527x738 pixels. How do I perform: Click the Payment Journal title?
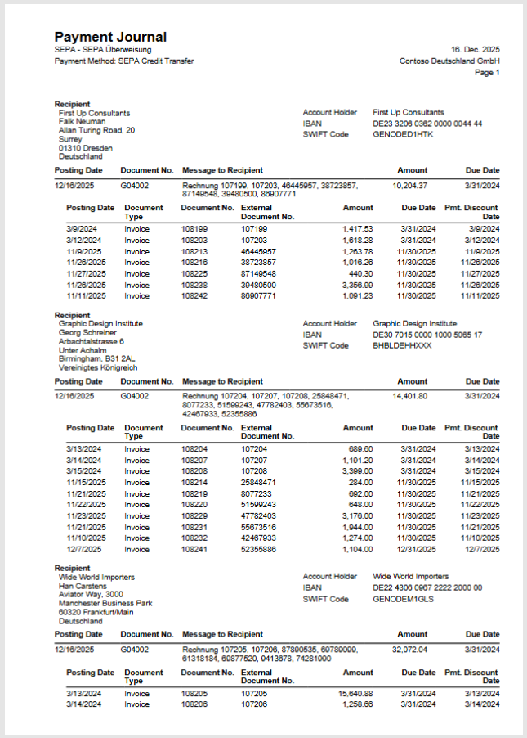coord(110,38)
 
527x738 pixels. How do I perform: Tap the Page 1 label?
coord(487,73)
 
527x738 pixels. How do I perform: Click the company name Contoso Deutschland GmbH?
coord(449,61)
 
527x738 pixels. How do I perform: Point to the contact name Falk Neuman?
coord(83,122)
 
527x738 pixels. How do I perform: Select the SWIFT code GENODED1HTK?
coord(404,134)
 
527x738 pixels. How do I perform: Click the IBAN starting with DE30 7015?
coord(427,335)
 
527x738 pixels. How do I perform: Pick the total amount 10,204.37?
coord(409,186)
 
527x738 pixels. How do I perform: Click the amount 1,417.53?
coord(357,229)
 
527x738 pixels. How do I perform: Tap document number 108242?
coord(194,296)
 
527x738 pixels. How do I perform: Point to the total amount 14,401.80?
coord(409,397)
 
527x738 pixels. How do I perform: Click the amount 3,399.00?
coord(357,472)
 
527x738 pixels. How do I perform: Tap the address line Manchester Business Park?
coord(105,604)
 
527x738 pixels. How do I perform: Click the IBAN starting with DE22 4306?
coord(427,587)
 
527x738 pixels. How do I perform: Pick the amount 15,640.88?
coord(354,693)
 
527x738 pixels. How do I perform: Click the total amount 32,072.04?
coord(409,650)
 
